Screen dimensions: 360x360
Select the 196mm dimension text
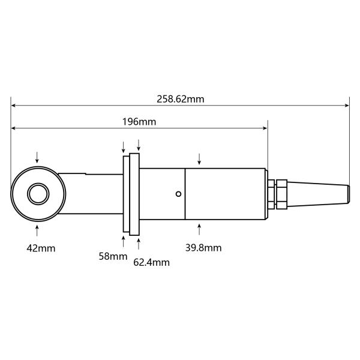point(139,122)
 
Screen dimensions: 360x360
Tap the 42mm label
point(40,248)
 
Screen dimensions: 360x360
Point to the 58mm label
point(113,256)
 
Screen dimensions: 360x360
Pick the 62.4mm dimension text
point(151,262)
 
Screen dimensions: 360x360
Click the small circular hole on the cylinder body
point(178,194)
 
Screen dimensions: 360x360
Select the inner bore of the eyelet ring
point(38,194)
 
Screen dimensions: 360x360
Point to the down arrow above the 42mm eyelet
point(38,157)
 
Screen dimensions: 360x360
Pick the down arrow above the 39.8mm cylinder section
point(200,159)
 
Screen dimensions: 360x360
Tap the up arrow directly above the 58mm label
point(124,240)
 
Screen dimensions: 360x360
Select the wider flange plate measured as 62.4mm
point(135,194)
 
